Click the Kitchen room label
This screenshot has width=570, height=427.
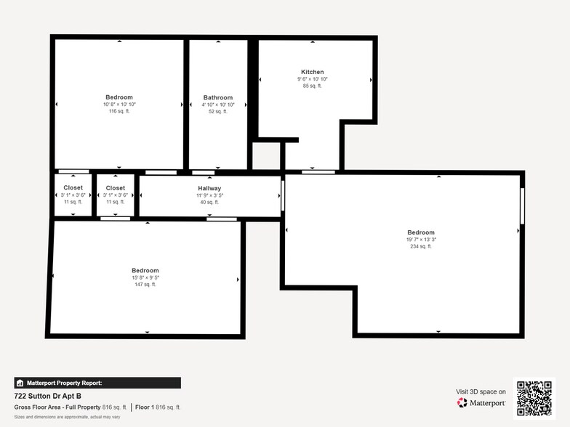(x=313, y=72)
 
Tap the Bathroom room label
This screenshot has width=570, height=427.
(x=218, y=97)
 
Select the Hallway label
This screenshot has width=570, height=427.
(x=209, y=188)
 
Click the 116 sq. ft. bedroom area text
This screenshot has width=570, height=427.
(x=119, y=111)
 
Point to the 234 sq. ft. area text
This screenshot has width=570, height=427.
(x=421, y=246)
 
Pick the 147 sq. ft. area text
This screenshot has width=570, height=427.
(x=145, y=284)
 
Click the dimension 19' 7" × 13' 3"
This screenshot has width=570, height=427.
(x=421, y=240)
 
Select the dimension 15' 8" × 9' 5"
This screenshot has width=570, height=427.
(x=145, y=277)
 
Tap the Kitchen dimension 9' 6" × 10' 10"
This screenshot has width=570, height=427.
(x=313, y=79)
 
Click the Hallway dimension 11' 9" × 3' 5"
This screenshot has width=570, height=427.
(x=209, y=195)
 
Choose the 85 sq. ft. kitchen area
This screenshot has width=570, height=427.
(x=313, y=86)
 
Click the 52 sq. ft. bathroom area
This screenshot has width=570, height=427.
(x=218, y=111)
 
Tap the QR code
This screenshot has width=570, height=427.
(x=534, y=397)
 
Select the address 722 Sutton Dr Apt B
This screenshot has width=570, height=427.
(x=48, y=396)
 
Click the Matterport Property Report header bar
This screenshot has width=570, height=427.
(x=97, y=383)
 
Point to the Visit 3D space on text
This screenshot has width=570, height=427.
(x=481, y=391)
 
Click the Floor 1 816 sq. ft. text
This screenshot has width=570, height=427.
(x=158, y=407)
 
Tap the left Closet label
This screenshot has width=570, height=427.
(x=73, y=188)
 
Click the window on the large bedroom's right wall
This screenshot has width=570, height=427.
(x=521, y=206)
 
